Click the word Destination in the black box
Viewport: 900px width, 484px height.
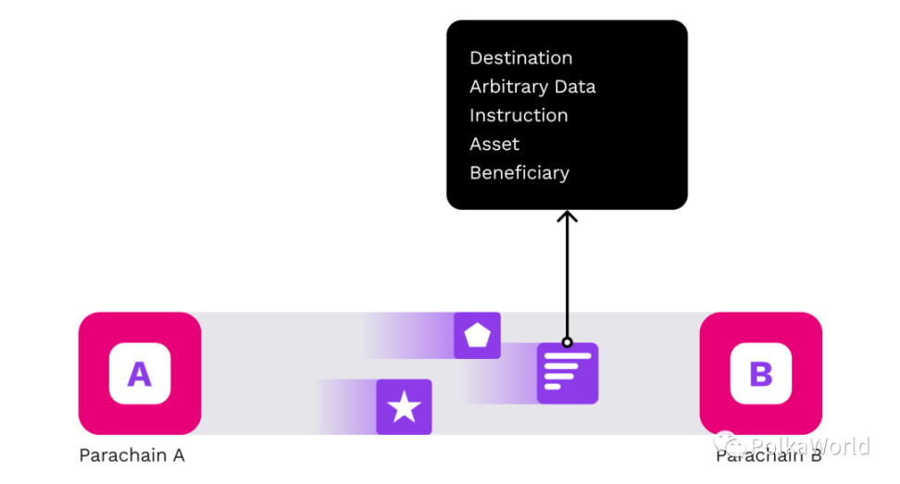click(520, 58)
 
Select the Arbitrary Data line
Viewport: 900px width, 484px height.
click(532, 87)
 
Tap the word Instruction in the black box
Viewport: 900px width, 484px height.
click(519, 116)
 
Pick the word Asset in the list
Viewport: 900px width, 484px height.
click(494, 144)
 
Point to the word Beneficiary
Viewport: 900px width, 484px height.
click(519, 173)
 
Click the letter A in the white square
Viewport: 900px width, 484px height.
click(139, 374)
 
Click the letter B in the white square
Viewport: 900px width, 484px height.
click(760, 374)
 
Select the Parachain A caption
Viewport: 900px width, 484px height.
click(131, 455)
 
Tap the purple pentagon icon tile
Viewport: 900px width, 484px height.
click(477, 335)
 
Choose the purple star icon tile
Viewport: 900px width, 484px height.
click(404, 406)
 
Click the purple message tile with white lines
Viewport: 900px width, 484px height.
click(568, 373)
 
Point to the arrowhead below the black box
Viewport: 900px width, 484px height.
click(568, 217)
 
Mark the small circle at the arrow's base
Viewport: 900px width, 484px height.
click(568, 342)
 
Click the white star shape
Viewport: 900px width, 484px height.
click(404, 406)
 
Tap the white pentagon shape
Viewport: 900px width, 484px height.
click(477, 335)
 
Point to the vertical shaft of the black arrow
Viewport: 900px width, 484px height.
click(568, 278)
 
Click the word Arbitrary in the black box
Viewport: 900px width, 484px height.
click(509, 87)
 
